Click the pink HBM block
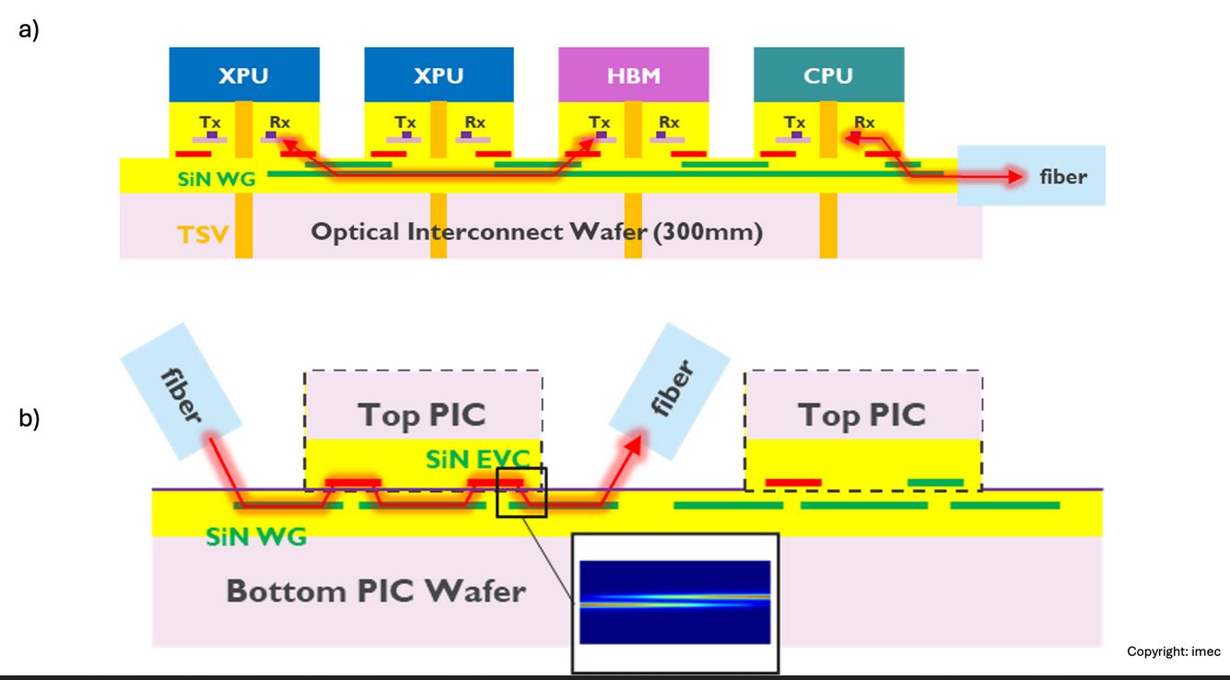click(633, 75)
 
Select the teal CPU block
click(828, 75)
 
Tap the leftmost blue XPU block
click(243, 75)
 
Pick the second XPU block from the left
click(439, 75)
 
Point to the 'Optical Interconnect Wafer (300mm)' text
click(536, 231)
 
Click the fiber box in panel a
click(1031, 175)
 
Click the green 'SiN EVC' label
click(477, 458)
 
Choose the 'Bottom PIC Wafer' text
click(376, 590)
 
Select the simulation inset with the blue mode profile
click(674, 602)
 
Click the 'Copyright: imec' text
click(1173, 651)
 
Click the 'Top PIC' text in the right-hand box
click(861, 415)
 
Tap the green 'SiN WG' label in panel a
click(217, 180)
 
